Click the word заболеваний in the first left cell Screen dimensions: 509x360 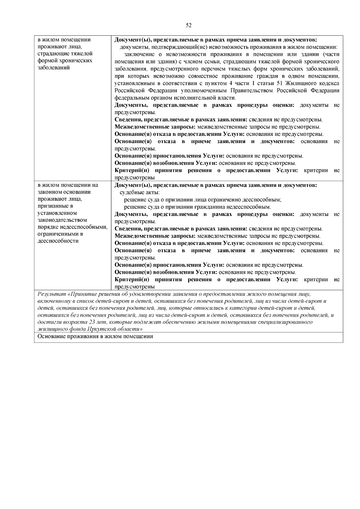click(54, 67)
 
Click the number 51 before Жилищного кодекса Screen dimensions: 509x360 click(280, 83)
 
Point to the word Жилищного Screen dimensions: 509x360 click(301, 83)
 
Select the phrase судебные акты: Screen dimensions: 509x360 click(140, 193)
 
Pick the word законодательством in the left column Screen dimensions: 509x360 click(62, 220)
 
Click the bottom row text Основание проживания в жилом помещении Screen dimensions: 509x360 click(95, 337)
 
